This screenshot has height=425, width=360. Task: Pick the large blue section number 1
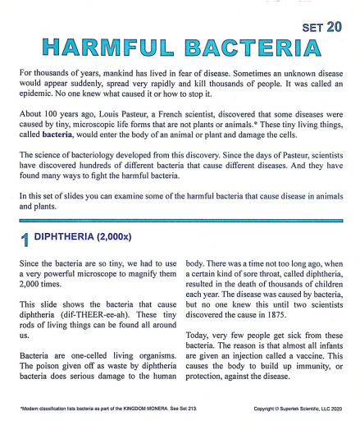[25, 239]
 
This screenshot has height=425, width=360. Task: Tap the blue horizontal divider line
[180, 220]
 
